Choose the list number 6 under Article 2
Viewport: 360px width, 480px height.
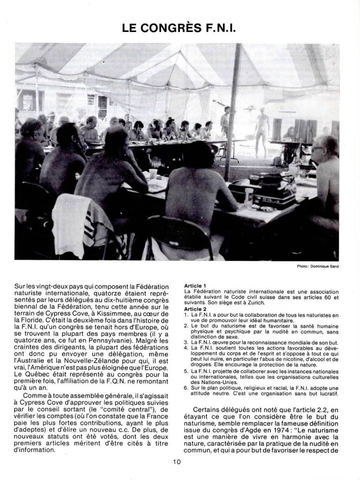pos(186,389)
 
